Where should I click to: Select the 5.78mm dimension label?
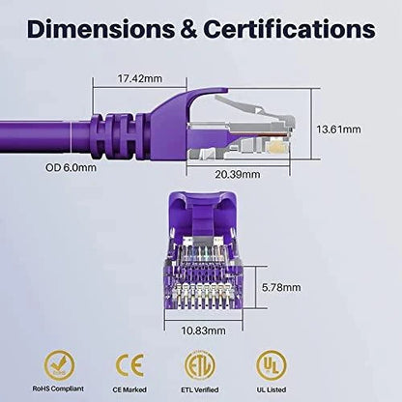[282, 287]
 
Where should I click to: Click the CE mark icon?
[129, 363]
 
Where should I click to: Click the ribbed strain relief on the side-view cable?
[115, 129]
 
